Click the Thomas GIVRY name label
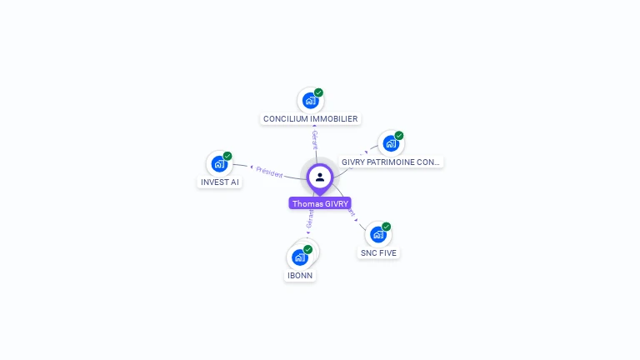point(320,203)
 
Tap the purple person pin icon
point(320,177)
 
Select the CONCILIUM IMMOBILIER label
point(310,119)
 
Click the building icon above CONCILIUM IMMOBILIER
point(310,101)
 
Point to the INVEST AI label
point(220,182)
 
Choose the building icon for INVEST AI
point(218,163)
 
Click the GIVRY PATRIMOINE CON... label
point(391,162)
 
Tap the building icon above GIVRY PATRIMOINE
point(390,143)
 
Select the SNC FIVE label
point(378,252)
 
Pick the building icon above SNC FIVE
point(377,234)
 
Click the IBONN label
point(300,275)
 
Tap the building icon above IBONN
point(299,257)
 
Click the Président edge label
point(269,171)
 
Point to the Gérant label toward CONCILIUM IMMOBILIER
point(314,139)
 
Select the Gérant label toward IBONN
point(309,218)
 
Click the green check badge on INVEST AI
point(227,156)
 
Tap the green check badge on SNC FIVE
point(387,227)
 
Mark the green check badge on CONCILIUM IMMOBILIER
point(318,92)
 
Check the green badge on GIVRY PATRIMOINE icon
point(399,136)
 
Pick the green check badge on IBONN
point(307,249)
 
